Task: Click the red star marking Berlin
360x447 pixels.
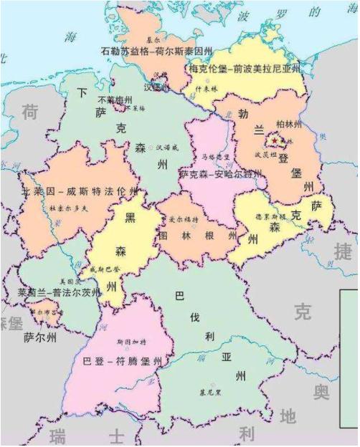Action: pos(276,140)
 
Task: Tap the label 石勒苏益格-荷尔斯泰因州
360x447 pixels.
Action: pos(158,52)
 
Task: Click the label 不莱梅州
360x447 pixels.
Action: pos(115,99)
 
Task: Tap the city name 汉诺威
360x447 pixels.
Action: pos(164,146)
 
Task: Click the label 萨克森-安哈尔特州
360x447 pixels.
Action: pos(220,173)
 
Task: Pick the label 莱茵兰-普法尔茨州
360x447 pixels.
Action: pos(55,292)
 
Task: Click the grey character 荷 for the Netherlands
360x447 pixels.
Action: pos(30,112)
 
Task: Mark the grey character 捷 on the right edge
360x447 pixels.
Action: pos(345,251)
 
